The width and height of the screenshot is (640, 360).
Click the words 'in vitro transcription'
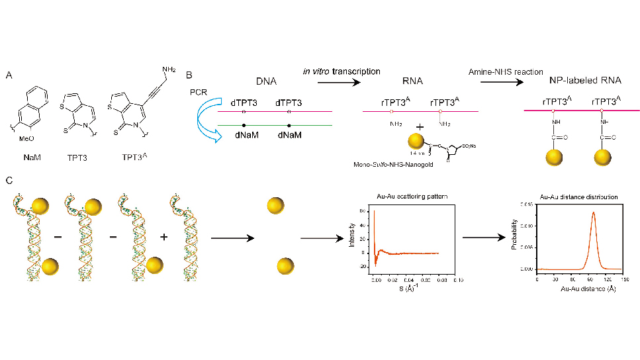pyautogui.click(x=342, y=71)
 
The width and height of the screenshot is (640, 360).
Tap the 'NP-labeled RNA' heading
pyautogui.click(x=585, y=81)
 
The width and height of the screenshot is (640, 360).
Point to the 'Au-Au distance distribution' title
pyautogui.click(x=579, y=197)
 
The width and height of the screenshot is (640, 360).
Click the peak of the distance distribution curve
pyautogui.click(x=593, y=212)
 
